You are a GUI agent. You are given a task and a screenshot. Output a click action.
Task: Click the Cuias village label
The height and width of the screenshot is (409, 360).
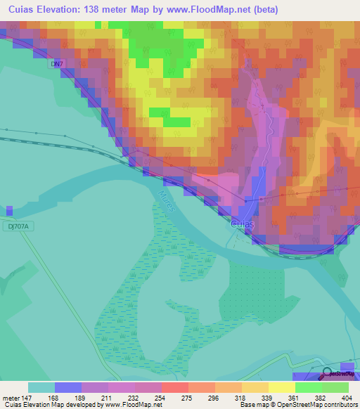[243, 224]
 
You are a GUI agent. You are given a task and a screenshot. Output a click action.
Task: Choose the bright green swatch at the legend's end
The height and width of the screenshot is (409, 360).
[335, 387]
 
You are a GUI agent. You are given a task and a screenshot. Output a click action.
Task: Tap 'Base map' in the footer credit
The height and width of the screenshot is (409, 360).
[252, 405]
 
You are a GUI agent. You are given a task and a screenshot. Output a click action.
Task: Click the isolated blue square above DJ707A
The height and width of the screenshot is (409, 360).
[9, 210]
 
